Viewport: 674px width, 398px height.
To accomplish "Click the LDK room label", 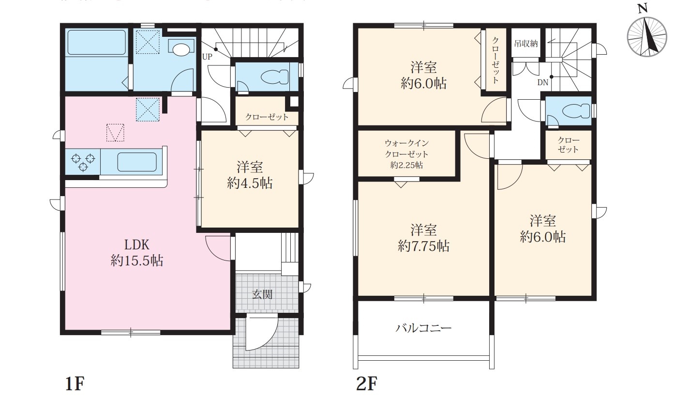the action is tap(137, 245).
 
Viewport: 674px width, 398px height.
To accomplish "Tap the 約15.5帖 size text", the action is tap(137, 260).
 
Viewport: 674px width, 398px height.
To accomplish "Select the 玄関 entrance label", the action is tap(262, 294).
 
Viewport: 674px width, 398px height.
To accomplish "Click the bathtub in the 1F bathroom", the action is tap(96, 42).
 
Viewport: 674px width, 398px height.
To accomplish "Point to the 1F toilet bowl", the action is tap(275, 77).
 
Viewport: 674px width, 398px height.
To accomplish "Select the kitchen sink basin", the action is tap(137, 162).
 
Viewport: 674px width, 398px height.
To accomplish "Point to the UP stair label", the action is tap(207, 57).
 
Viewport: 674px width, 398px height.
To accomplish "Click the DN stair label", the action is tap(543, 82).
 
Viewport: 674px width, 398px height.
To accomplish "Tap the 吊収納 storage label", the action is tap(525, 44).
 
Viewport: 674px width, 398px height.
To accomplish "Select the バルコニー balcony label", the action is tap(424, 328).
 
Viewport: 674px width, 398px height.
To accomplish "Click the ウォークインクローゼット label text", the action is tap(407, 149).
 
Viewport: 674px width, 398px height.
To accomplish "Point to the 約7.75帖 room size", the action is tap(424, 246).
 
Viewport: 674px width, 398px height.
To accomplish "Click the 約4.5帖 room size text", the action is tap(250, 183).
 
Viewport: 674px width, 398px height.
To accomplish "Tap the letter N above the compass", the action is tap(643, 9).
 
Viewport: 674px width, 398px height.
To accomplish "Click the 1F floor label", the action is tap(75, 384).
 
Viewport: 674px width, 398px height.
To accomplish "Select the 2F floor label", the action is tap(366, 384).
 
